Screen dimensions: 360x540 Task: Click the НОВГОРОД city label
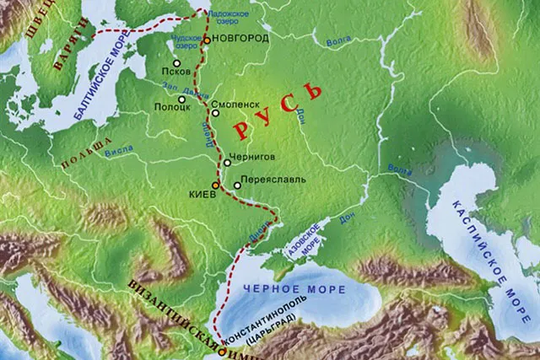pyautogui.click(x=240, y=39)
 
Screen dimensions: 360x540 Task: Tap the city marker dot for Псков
pyautogui.click(x=177, y=62)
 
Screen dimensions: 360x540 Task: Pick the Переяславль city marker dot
pyautogui.click(x=237, y=185)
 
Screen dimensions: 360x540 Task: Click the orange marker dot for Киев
pyautogui.click(x=214, y=185)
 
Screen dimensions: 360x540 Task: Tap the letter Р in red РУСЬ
pyautogui.click(x=241, y=131)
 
